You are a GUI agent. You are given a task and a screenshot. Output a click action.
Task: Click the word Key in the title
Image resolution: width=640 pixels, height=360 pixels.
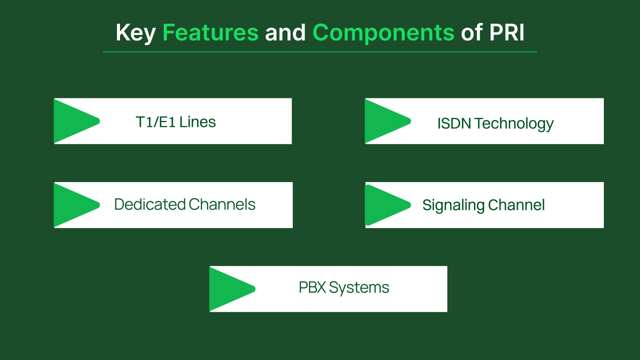coord(135,33)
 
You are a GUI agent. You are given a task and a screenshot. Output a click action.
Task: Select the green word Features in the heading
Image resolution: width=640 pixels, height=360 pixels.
coord(210,33)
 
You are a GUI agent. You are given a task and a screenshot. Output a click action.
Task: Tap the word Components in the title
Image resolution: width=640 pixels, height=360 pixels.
coord(383,33)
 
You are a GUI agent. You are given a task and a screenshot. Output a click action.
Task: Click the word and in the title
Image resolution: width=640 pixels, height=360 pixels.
coord(285,33)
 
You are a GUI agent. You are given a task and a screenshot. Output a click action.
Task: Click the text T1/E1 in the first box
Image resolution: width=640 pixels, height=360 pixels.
coord(155,122)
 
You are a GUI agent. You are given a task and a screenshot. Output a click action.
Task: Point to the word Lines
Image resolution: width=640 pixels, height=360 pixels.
coord(197,122)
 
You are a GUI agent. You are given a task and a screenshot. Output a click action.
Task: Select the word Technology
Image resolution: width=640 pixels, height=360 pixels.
coord(514,124)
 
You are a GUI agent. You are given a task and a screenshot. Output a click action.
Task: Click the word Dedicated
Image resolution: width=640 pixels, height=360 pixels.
coord(150,205)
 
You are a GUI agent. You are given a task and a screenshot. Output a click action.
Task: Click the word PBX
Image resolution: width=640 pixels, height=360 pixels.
coord(312,288)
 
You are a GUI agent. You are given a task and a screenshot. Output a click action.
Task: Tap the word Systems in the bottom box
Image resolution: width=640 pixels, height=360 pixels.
coord(359,288)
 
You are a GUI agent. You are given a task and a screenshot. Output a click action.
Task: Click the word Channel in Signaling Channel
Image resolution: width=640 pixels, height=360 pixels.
coord(516,205)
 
